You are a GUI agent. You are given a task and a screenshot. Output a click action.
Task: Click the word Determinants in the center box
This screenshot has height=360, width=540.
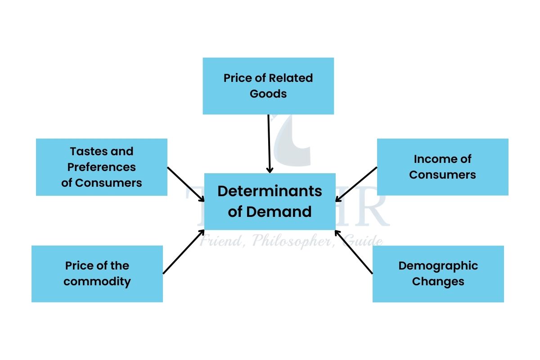(x=270, y=191)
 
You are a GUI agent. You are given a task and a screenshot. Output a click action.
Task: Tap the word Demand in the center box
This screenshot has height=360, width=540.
(x=288, y=211)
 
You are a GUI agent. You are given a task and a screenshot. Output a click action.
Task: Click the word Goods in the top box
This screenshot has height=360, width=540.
(x=268, y=94)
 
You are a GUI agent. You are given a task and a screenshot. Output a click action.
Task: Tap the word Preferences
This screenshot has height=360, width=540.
(x=102, y=167)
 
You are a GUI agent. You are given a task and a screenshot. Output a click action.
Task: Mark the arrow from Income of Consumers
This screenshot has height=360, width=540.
(x=356, y=184)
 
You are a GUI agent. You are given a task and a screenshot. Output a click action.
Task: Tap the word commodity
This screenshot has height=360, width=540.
(x=97, y=282)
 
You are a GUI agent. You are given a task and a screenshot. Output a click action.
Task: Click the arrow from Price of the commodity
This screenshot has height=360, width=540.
(x=184, y=252)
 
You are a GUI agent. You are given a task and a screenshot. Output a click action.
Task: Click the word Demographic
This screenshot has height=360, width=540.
(x=438, y=265)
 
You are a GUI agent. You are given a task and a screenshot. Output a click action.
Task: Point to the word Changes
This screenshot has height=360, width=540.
(x=438, y=282)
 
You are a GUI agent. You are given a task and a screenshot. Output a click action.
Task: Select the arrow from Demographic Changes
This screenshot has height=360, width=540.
(x=354, y=252)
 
